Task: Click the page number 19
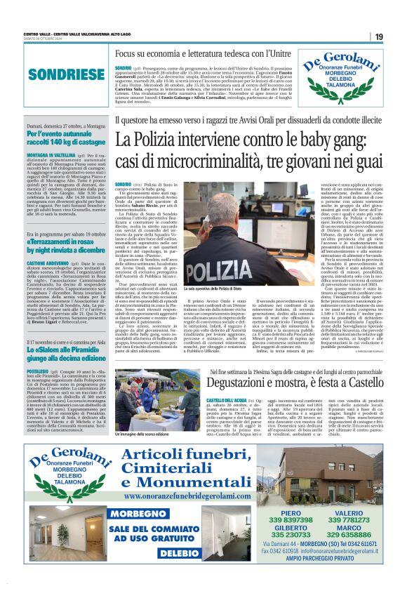click(378, 36)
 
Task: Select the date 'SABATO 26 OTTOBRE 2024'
click(44, 39)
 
